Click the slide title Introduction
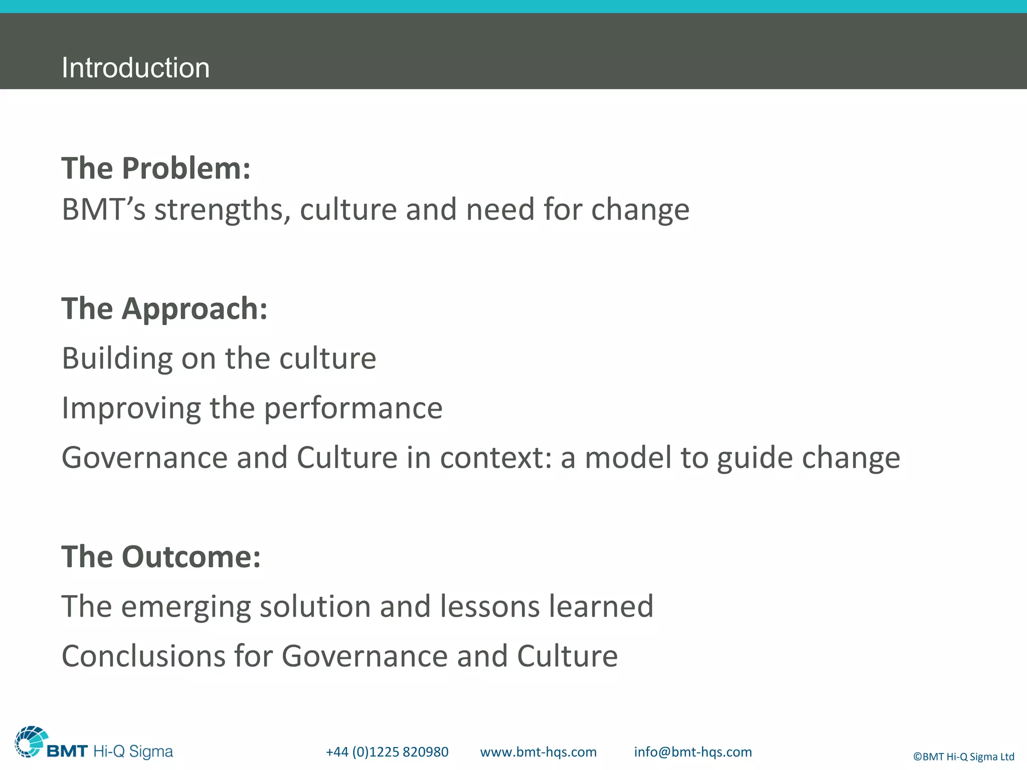coord(135,68)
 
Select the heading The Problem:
coord(156,168)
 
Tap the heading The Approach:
coord(164,308)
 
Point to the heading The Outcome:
coord(161,557)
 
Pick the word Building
coord(117,359)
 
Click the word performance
coord(353,408)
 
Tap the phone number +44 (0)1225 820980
coord(387,752)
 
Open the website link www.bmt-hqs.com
coord(538,752)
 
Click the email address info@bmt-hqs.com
coord(693,752)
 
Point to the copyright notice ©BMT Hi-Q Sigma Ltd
coord(963,756)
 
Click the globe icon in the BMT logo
coord(31,741)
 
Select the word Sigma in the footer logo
coord(151,751)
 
